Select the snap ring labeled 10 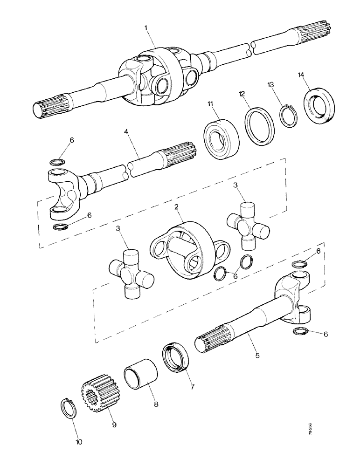coord(69,408)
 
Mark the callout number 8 coord(156,404)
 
